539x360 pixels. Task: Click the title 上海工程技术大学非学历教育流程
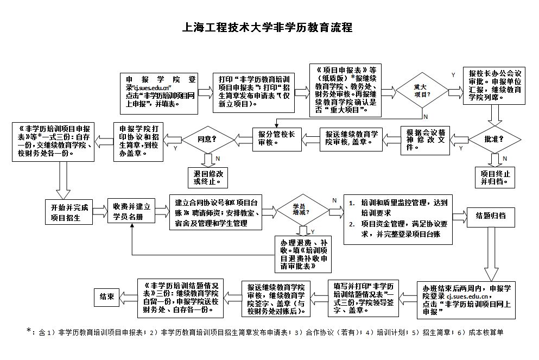269,28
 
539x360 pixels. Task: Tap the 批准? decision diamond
493,139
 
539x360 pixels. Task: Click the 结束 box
106,296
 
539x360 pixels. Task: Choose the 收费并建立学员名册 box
131,212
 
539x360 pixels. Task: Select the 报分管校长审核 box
276,139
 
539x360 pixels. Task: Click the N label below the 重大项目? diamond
425,116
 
